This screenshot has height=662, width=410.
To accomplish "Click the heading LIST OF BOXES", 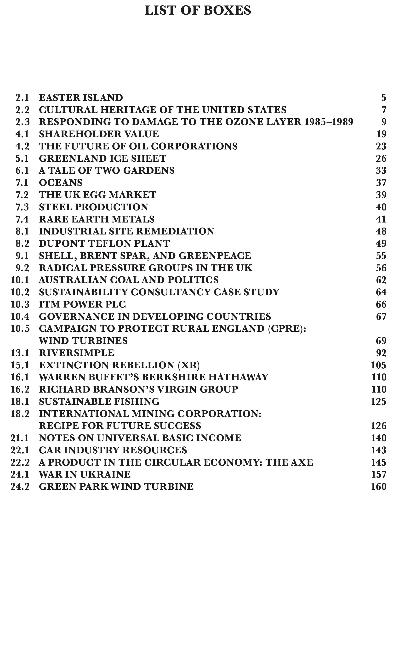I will tap(198, 11).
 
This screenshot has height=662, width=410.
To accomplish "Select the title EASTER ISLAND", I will tap(81, 98).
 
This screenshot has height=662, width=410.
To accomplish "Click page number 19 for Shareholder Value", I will tap(381, 134).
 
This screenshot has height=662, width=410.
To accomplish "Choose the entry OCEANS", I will tap(60, 183).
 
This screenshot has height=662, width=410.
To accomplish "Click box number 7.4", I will tap(22, 219).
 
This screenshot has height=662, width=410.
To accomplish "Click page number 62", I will tap(381, 280).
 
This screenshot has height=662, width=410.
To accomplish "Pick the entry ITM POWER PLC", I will tap(82, 304).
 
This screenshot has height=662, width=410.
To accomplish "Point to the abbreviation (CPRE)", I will tap(287, 329).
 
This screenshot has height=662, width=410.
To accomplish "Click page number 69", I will tap(381, 341).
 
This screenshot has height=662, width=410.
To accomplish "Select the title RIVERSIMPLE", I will tap(76, 353).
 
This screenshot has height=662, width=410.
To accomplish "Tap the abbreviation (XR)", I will tap(189, 365).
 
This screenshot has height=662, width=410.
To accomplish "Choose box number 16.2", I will tap(20, 389).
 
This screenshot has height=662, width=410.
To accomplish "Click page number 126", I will tap(379, 426).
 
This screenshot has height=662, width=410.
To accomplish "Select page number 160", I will tap(379, 486).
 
